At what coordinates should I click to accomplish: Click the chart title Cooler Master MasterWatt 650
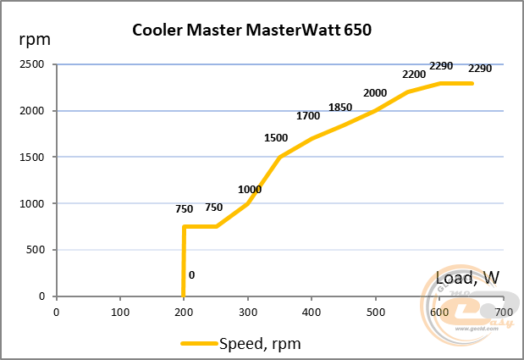pyautogui.click(x=252, y=30)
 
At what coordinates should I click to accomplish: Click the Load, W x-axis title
pyautogui.click(x=467, y=277)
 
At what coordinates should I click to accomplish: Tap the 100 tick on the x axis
pyautogui.click(x=120, y=310)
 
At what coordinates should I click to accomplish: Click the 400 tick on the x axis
pyautogui.click(x=312, y=310)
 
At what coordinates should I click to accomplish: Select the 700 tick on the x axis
pyautogui.click(x=503, y=310)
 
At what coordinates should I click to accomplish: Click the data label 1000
pyautogui.click(x=250, y=189)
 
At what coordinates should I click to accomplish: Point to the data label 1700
pyautogui.click(x=308, y=115)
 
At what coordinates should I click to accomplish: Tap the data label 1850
pyautogui.click(x=340, y=107)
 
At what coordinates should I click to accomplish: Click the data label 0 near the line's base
pyautogui.click(x=192, y=274)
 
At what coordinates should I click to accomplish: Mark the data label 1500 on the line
pyautogui.click(x=276, y=137)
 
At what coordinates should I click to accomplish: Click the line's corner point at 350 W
pyautogui.click(x=279, y=157)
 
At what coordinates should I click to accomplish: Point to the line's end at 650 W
pyautogui.click(x=472, y=83)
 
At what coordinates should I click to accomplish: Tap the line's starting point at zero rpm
pyautogui.click(x=184, y=296)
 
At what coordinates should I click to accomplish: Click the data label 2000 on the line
pyautogui.click(x=375, y=92)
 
